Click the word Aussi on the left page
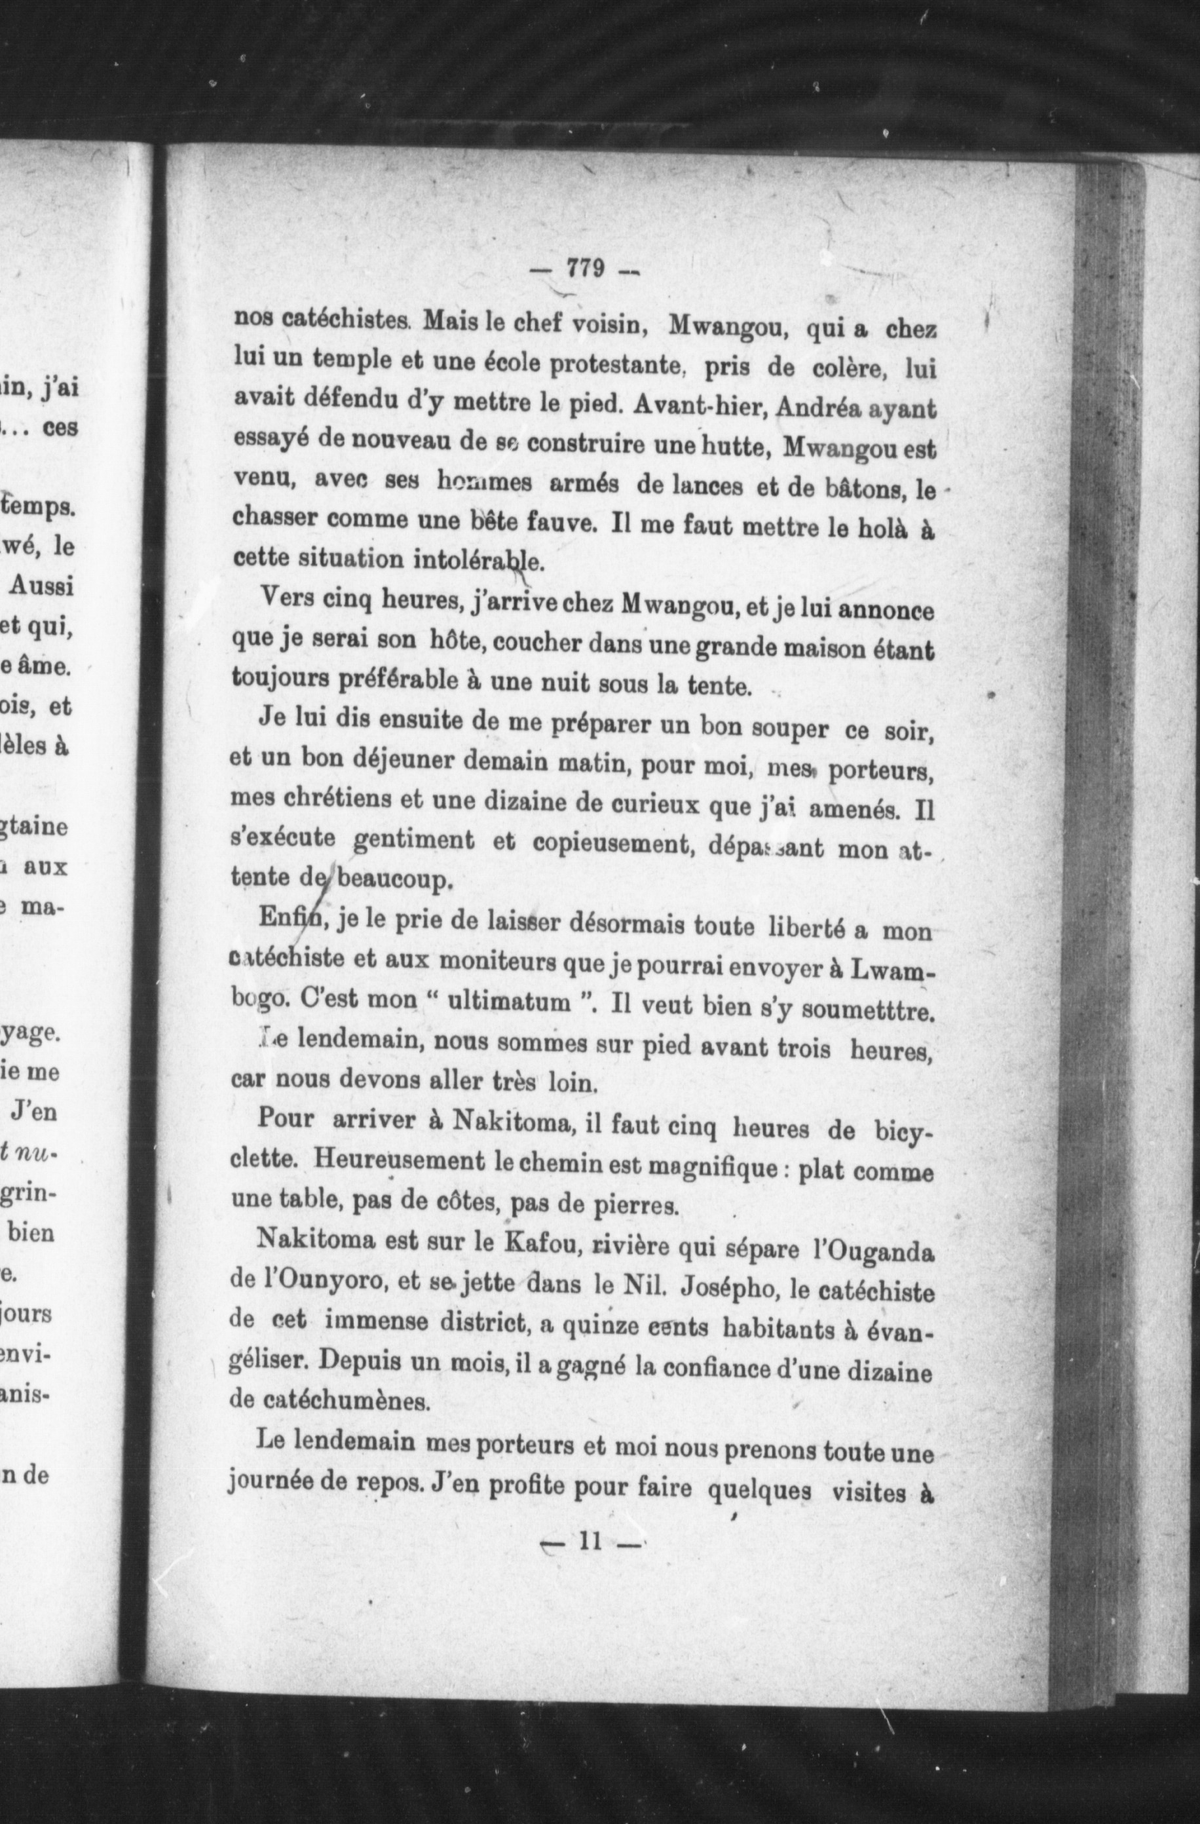click(x=41, y=587)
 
